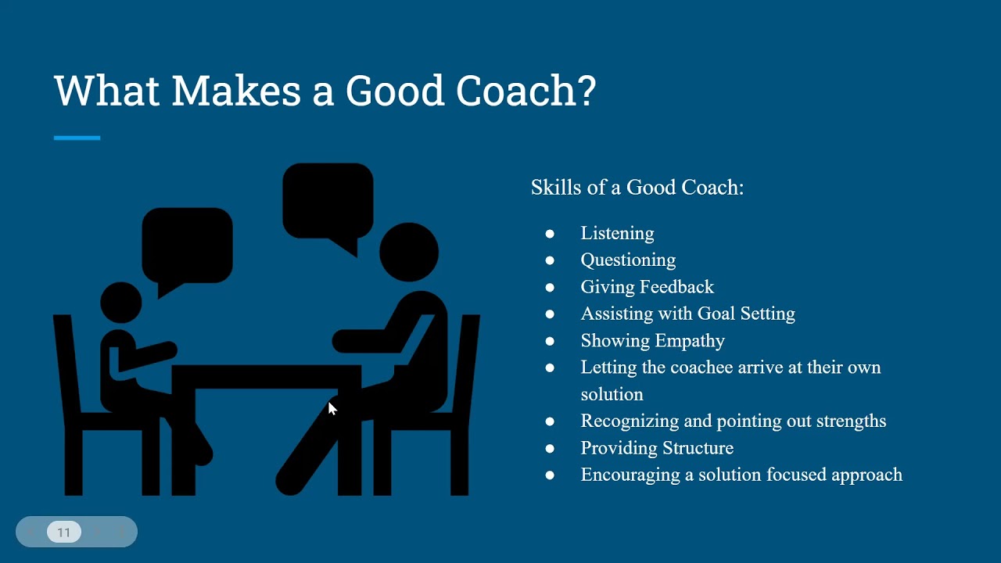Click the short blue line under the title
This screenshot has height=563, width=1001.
click(x=77, y=138)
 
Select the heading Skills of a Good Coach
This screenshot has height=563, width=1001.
click(x=637, y=188)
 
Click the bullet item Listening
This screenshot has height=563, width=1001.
click(x=617, y=233)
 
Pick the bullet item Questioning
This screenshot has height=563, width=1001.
click(x=628, y=260)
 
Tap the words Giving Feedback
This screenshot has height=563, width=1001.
click(x=647, y=287)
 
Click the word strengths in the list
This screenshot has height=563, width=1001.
click(x=851, y=421)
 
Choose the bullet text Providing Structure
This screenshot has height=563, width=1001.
click(x=657, y=448)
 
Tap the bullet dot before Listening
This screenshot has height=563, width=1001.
click(x=550, y=233)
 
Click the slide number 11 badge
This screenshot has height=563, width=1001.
click(x=64, y=533)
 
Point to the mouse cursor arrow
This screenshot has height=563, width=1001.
click(x=332, y=408)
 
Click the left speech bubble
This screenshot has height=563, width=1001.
click(x=186, y=246)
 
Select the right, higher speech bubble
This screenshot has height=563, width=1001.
click(x=327, y=200)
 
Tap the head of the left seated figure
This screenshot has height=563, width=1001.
click(x=121, y=303)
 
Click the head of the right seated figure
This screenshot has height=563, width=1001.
click(x=408, y=252)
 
